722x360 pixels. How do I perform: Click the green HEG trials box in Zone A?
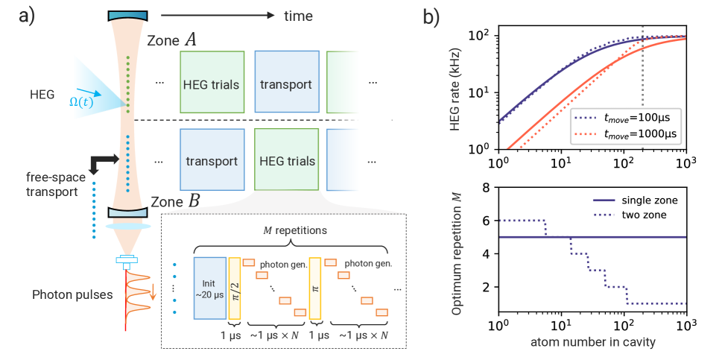[212, 83]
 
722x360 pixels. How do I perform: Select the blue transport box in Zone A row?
[287, 83]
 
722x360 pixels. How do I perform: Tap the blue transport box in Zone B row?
[212, 160]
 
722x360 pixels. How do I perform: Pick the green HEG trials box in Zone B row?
[287, 160]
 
